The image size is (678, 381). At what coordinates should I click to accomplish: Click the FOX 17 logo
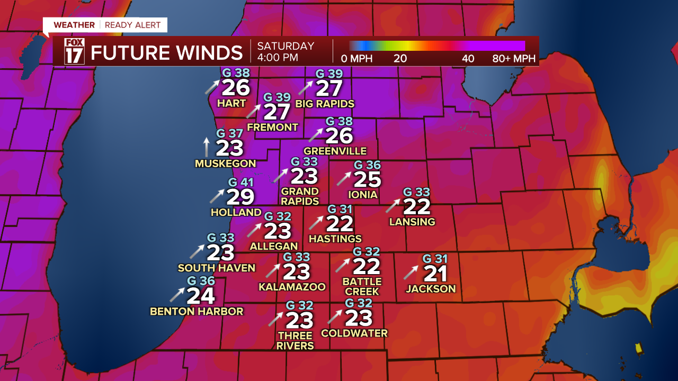pos(74,51)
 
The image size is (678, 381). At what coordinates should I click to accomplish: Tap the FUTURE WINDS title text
pos(166,53)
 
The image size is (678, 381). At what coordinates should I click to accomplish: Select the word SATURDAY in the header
pos(286,46)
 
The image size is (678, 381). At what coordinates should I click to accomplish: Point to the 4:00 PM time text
pos(278,58)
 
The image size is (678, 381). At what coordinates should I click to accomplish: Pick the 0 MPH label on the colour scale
pos(357,58)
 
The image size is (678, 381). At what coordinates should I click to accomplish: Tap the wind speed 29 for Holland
pos(240,197)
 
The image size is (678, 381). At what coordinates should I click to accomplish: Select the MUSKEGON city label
pos(225,164)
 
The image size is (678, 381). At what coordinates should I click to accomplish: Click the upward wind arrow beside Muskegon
pos(207,147)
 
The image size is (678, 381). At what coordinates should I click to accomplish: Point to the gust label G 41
pos(241,183)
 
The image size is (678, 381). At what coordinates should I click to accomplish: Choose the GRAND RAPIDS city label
pos(300,196)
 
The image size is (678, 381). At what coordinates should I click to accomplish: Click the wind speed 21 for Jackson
pos(435,274)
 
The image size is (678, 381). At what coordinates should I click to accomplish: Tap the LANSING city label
pos(412,222)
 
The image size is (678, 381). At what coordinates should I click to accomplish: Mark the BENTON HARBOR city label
pos(197,311)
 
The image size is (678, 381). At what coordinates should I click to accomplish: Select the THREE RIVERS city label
pos(295,340)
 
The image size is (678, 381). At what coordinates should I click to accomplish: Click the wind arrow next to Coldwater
pos(335,316)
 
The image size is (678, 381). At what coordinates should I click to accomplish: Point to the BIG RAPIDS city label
pos(325,103)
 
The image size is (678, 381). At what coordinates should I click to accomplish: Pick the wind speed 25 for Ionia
pos(367,180)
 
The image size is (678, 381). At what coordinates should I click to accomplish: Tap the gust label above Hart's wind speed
pos(236,74)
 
